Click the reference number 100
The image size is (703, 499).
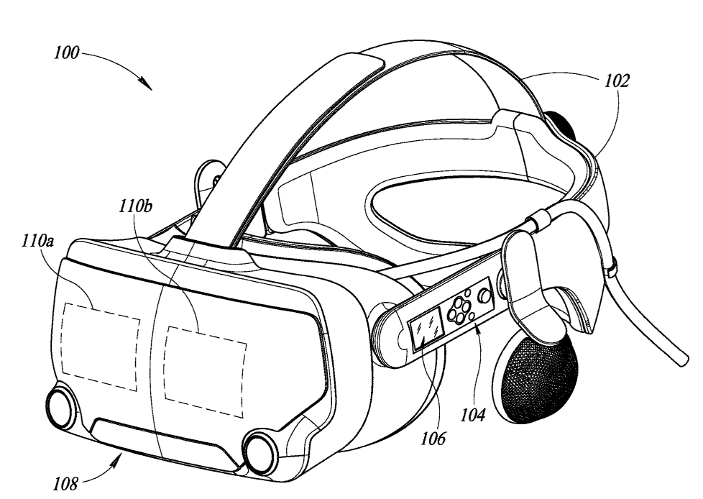[67, 53]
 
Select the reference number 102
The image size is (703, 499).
[617, 81]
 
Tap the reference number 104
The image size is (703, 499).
[473, 415]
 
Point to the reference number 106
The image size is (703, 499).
[433, 438]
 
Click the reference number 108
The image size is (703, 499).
[66, 484]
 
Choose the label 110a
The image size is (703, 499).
[37, 241]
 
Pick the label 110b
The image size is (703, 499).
[136, 206]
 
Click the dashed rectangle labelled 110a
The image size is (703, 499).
[101, 346]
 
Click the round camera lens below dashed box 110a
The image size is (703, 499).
[61, 408]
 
